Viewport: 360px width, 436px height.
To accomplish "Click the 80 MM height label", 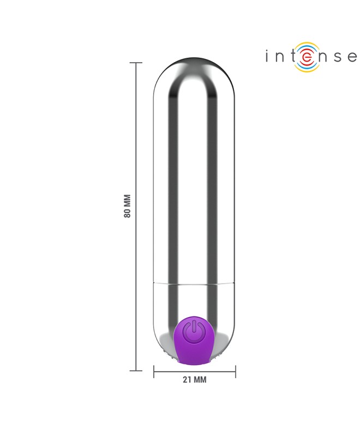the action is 127,206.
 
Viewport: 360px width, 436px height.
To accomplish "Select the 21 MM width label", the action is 195,379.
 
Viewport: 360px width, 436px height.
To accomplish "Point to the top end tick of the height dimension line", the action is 136,63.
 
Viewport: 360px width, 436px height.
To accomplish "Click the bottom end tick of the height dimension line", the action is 136,371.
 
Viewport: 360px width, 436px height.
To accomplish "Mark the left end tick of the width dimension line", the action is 154,372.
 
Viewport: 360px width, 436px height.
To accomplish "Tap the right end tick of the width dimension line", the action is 236,372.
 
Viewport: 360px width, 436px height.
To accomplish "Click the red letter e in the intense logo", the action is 306,57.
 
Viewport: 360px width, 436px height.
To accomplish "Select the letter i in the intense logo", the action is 267,56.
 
